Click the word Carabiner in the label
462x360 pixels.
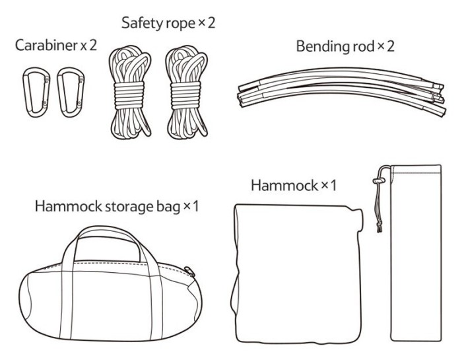(x=42, y=47)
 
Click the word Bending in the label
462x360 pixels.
(x=319, y=47)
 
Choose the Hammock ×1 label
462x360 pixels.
(x=293, y=185)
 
